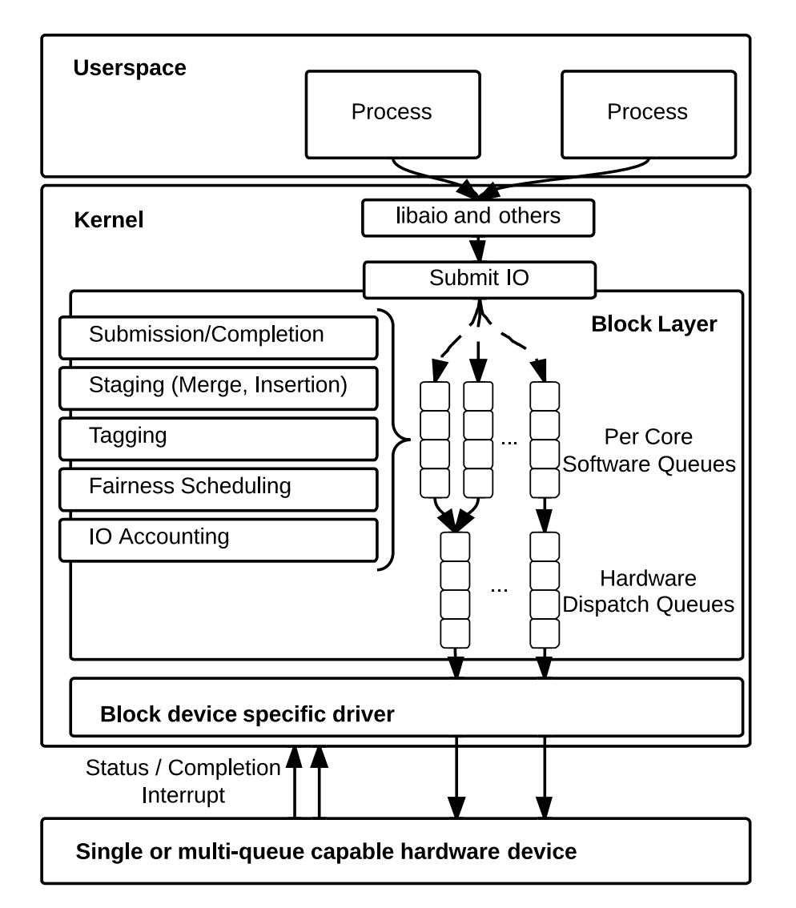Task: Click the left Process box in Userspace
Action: coord(392,115)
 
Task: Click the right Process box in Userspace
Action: coord(648,115)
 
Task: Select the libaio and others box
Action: coord(478,218)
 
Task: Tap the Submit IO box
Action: coord(479,279)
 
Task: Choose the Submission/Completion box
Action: coord(218,337)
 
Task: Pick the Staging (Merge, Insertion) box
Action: coord(218,388)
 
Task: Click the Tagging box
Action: coord(218,438)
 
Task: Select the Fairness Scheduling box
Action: coord(218,488)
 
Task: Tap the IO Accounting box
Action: coord(218,539)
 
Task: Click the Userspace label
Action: coord(130,68)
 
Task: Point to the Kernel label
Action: coord(109,220)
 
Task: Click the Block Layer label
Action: coord(653,324)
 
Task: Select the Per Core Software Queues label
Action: coord(649,451)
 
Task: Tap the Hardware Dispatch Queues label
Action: coord(648,591)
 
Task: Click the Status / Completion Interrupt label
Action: coord(183,781)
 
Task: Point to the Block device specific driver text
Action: coord(247,714)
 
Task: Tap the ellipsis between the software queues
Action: coord(509,441)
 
